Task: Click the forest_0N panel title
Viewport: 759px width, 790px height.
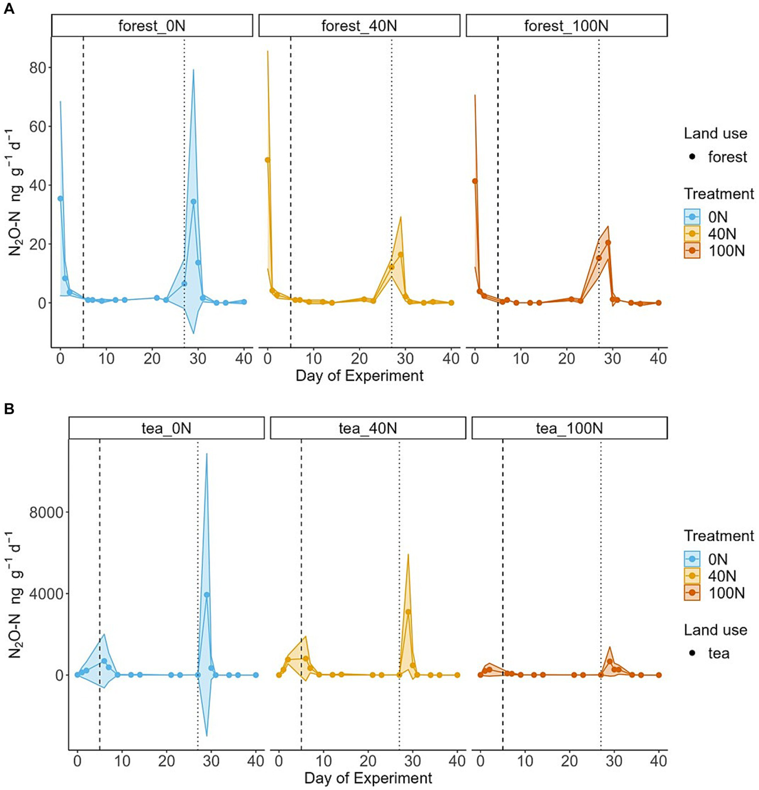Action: [x=152, y=26]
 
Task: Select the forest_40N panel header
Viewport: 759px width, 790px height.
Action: [x=359, y=26]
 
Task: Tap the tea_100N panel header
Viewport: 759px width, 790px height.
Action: [x=569, y=428]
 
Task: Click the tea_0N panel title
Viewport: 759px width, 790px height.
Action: [x=166, y=428]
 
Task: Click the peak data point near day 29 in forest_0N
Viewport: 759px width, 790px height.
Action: [x=193, y=202]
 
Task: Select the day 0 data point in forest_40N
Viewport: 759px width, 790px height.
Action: [x=268, y=160]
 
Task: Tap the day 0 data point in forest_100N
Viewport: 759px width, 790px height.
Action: [x=475, y=181]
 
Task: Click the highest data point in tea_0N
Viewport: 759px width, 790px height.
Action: [x=207, y=595]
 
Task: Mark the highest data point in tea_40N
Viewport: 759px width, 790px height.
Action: [x=408, y=612]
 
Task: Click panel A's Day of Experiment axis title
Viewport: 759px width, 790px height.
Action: [x=359, y=376]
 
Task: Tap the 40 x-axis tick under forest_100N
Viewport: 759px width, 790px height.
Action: [x=658, y=358]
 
